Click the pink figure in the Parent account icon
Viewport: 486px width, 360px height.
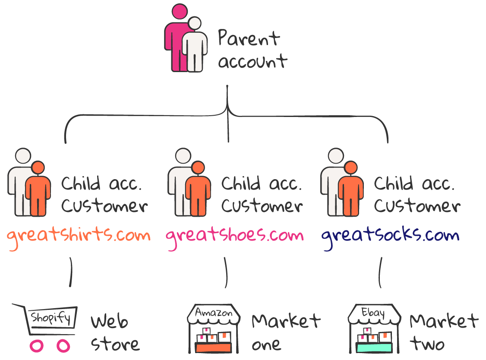pos(177,37)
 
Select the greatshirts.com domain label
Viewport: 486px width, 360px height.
pos(79,237)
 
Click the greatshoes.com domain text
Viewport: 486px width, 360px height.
pos(235,237)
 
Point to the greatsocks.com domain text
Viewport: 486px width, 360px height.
pos(390,237)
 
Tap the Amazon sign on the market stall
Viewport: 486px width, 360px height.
pos(214,313)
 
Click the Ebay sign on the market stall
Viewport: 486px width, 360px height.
pos(373,312)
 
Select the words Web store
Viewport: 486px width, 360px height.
pos(115,333)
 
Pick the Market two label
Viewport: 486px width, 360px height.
pos(444,332)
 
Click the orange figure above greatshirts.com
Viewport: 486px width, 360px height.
pos(38,189)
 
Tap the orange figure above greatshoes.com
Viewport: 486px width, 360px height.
pos(198,189)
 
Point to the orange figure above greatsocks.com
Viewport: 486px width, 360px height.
pos(351,189)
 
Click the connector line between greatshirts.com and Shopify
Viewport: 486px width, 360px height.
pos(71,272)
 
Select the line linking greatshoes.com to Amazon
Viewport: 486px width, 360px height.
pos(226,272)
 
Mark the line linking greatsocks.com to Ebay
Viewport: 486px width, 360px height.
pos(380,272)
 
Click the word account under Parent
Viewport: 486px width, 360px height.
pos(252,61)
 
